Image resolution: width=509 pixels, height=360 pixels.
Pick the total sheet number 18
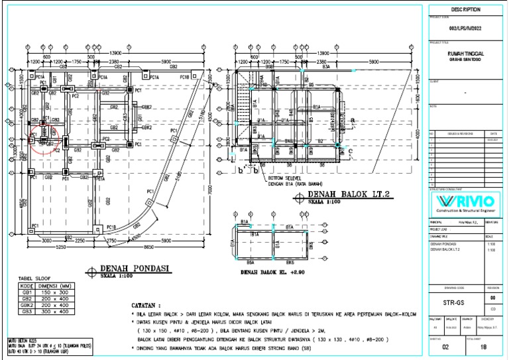coord(482,346)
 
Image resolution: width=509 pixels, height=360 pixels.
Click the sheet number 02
coord(445,346)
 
